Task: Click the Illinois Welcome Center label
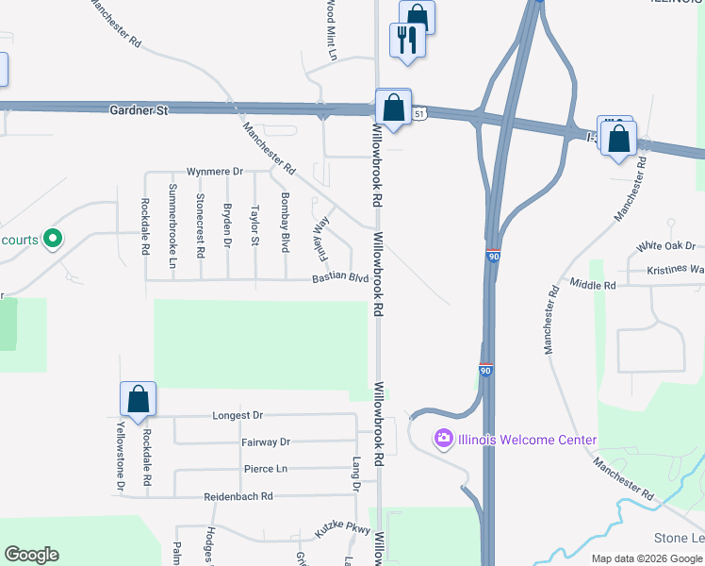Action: point(527,440)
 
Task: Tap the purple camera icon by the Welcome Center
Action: point(443,439)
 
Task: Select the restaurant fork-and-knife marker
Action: point(407,41)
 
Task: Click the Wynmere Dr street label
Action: point(215,172)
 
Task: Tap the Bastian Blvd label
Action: point(340,278)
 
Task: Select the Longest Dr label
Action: point(238,415)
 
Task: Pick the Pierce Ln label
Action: point(266,469)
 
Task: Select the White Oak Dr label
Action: point(665,246)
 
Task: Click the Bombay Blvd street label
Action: point(285,223)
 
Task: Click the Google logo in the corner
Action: point(31,555)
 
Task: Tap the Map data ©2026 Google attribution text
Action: point(648,558)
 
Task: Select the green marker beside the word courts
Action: point(54,240)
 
